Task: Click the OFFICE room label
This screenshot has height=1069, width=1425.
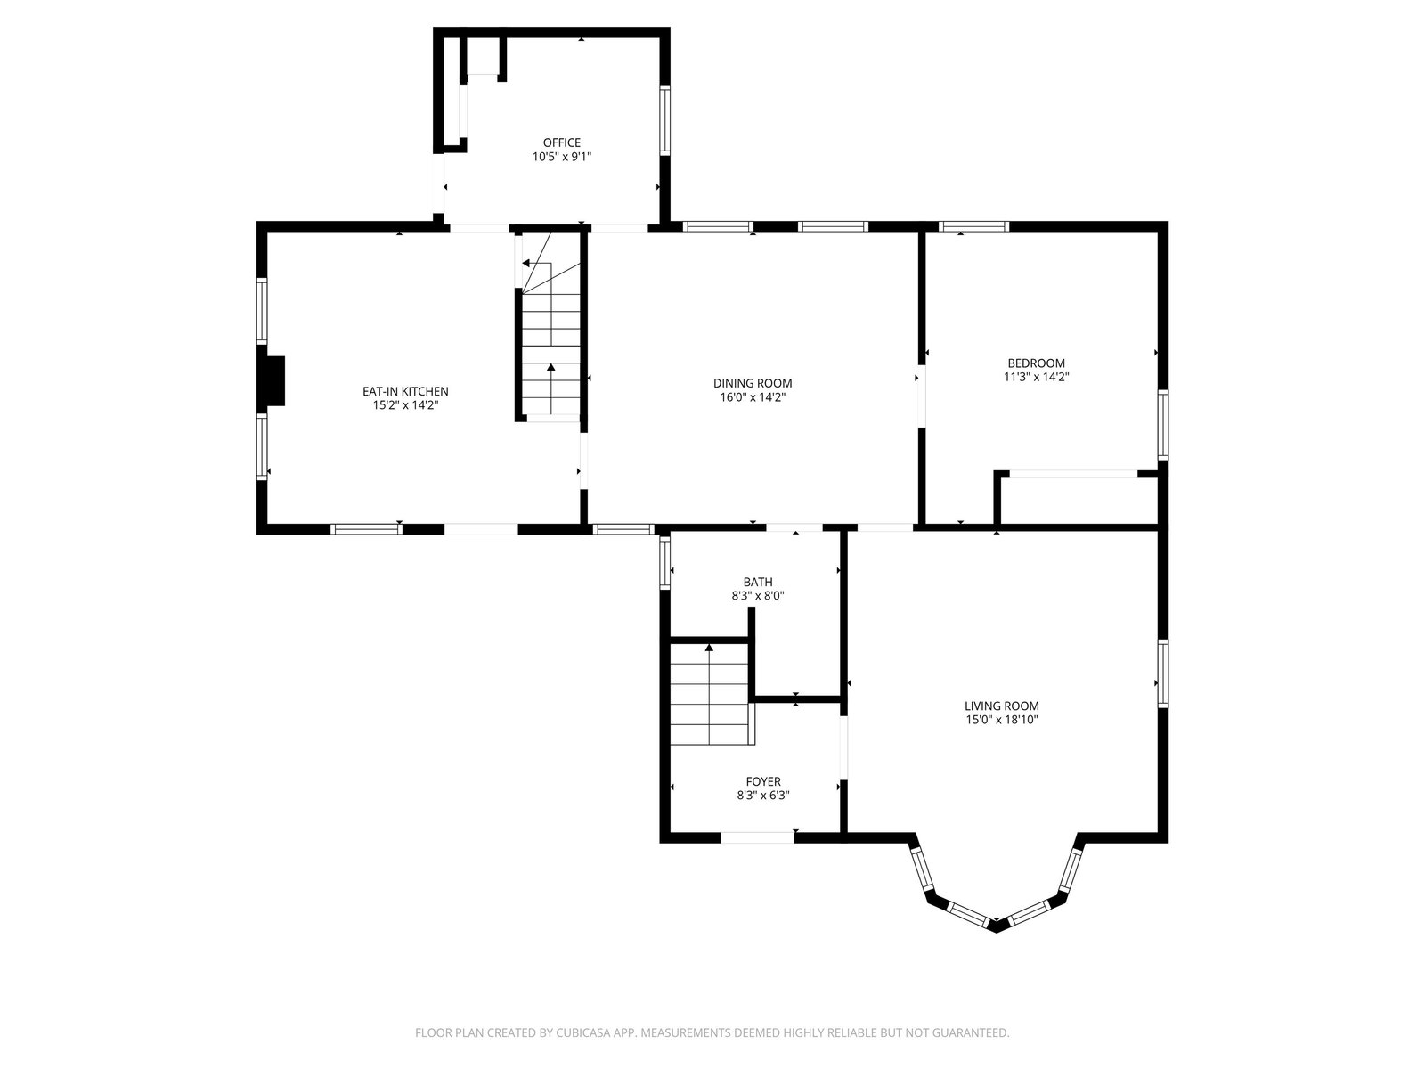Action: coord(562,143)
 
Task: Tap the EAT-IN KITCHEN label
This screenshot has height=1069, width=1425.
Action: coord(405,391)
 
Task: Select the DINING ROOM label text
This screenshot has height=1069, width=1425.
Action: coord(753,383)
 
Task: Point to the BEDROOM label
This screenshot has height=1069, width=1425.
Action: coord(1036,363)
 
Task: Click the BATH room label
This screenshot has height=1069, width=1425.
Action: coord(758,583)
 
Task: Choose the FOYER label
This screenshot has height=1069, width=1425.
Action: coord(762,781)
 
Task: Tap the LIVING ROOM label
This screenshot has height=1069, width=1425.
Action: coord(1002,706)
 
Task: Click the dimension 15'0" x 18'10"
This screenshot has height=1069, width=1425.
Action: coord(1002,719)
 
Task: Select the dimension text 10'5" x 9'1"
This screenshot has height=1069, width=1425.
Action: coord(562,157)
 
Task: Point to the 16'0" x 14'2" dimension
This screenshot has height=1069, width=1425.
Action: coord(753,397)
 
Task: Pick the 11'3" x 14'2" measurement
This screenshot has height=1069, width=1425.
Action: coord(1036,377)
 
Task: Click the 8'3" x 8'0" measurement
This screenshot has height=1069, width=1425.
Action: coord(758,596)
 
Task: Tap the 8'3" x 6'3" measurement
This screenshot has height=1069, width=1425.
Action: coord(762,796)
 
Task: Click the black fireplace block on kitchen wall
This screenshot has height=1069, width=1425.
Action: coord(273,381)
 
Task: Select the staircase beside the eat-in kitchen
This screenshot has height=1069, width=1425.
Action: coord(550,324)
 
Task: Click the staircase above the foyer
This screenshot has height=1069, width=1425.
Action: coord(712,693)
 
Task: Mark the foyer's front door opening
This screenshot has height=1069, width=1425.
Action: coord(757,838)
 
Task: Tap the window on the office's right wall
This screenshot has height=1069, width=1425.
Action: coord(664,120)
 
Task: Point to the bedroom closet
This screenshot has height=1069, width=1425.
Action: coord(1079,499)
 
